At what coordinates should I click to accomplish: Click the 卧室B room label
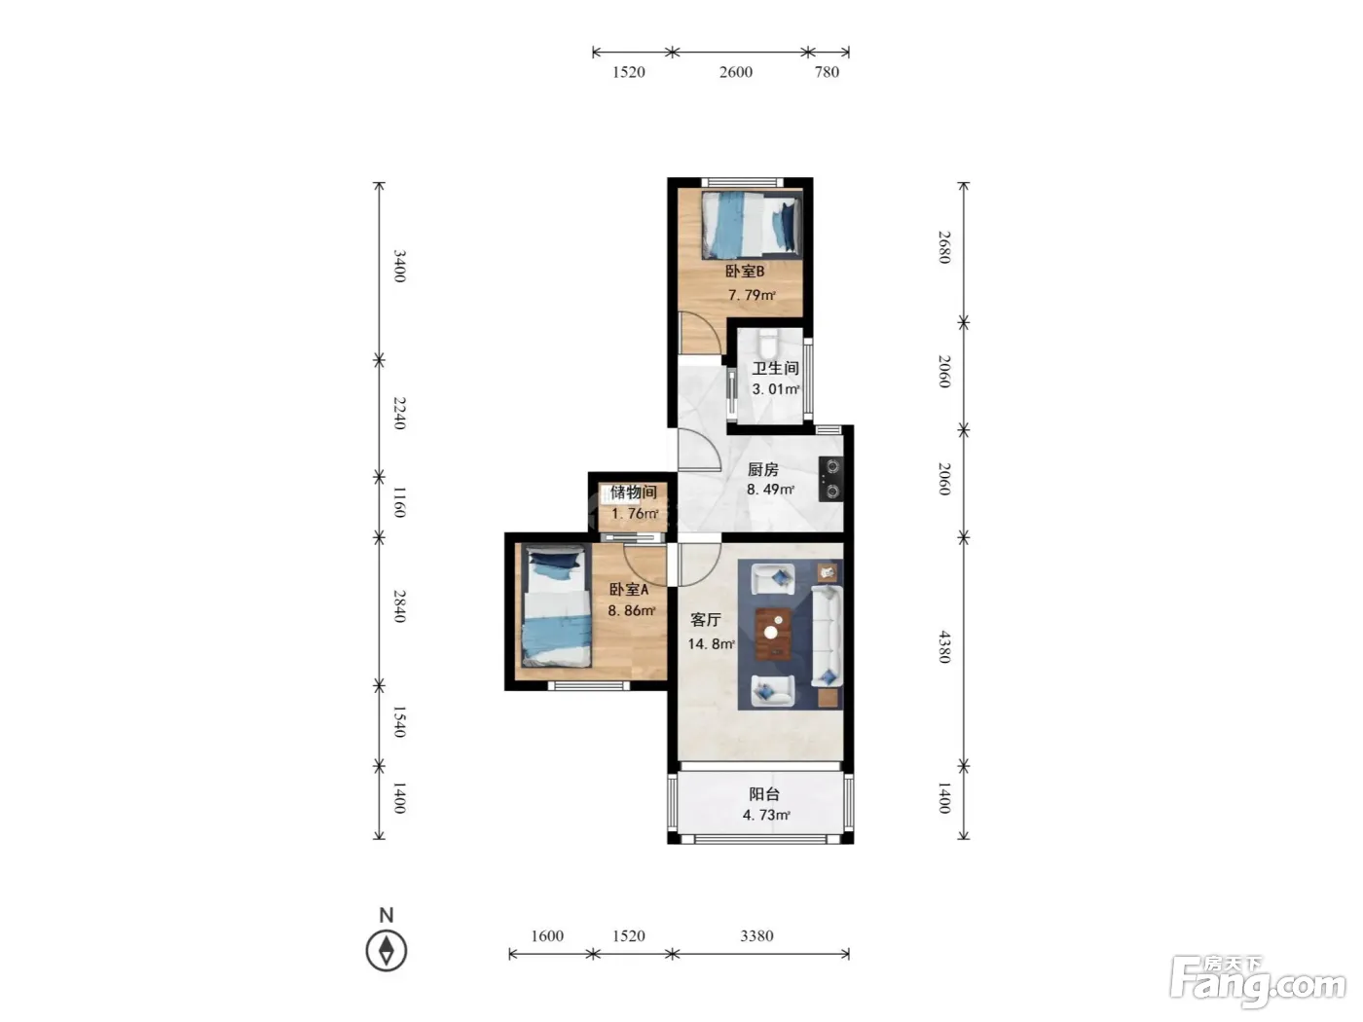[x=744, y=272]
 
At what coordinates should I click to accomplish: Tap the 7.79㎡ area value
[x=752, y=295]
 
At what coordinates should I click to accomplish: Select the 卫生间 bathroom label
[x=775, y=368]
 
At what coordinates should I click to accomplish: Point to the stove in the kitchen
[x=830, y=479]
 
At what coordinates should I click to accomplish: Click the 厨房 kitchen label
[x=762, y=469]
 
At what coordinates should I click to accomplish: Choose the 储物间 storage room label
[x=634, y=493]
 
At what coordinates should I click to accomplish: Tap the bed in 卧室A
[x=556, y=606]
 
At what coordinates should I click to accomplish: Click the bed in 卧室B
[x=752, y=225]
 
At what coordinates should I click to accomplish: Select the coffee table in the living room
[x=772, y=634]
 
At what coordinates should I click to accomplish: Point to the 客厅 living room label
[x=706, y=619]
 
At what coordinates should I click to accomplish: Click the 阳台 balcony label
[x=764, y=793]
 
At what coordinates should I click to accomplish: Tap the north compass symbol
[x=387, y=950]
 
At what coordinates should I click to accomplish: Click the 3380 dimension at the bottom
[x=756, y=935]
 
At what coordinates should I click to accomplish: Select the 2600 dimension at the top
[x=736, y=72]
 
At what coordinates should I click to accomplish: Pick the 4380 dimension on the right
[x=944, y=646]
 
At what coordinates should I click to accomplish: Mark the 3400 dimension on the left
[x=400, y=266]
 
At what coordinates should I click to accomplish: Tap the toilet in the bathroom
[x=767, y=342]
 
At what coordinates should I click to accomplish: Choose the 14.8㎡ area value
[x=711, y=643]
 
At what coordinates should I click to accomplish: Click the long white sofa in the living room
[x=828, y=636]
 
